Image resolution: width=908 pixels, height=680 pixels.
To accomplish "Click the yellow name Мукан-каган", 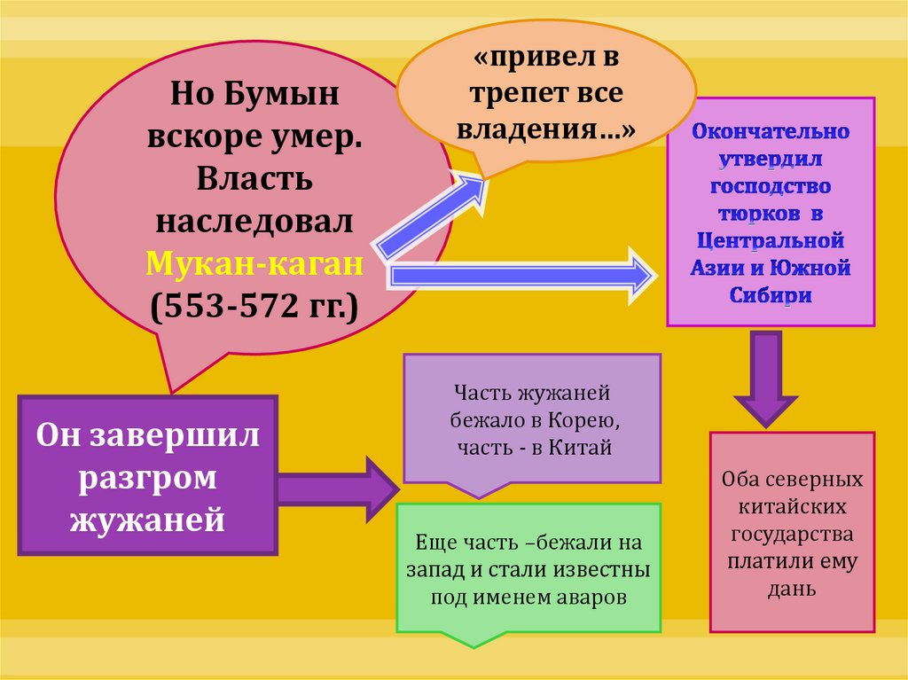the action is pyautogui.click(x=255, y=263).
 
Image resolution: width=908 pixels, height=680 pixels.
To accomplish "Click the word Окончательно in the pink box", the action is pyautogui.click(x=771, y=132).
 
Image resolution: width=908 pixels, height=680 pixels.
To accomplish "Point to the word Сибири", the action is pyautogui.click(x=771, y=296).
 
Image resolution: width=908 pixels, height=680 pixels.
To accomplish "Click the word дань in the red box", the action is pyautogui.click(x=792, y=588).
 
